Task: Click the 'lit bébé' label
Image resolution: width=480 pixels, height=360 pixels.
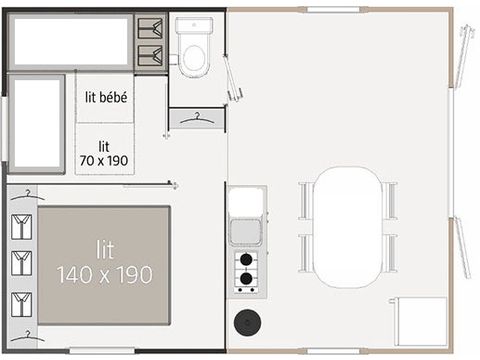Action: (105, 98)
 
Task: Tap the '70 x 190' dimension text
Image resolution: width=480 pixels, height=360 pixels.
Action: (104, 158)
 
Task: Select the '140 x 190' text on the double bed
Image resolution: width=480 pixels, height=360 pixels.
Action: (104, 275)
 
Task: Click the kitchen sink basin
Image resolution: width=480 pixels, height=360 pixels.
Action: (245, 233)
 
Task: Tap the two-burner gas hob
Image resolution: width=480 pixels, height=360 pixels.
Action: (245, 271)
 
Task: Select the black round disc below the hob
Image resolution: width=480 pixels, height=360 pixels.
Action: (245, 323)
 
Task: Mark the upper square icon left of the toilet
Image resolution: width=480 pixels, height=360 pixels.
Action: (151, 28)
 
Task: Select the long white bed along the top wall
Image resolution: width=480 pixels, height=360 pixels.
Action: (71, 41)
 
